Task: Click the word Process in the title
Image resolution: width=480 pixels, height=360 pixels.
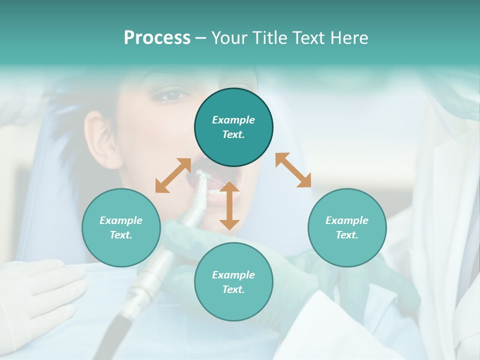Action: [157, 38]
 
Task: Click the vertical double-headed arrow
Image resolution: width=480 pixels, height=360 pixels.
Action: [229, 205]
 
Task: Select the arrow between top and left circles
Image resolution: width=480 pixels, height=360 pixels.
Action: [172, 175]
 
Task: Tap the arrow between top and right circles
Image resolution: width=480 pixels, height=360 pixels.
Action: [293, 170]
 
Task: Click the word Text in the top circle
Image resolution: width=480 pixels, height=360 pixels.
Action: [233, 135]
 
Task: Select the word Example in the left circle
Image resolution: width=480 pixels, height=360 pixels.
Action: [121, 220]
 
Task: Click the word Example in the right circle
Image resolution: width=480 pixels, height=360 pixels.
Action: [347, 220]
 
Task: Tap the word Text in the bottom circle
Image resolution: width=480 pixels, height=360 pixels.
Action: [233, 289]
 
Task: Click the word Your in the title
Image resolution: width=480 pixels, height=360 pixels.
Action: [230, 38]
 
